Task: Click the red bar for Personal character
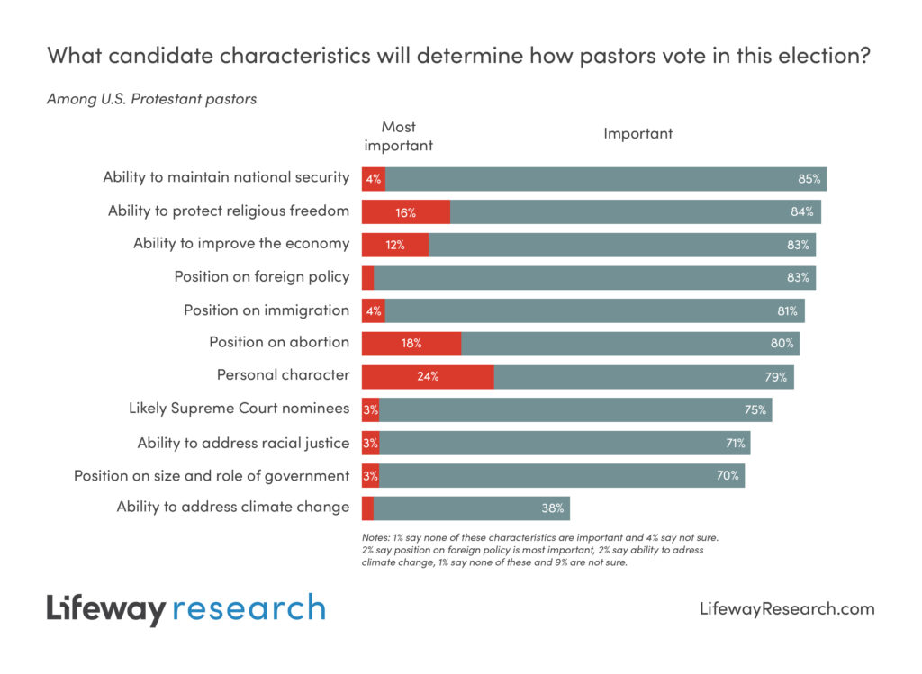428,376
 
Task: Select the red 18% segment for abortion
411,343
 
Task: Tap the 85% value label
809,179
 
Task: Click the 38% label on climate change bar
552,508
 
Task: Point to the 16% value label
405,212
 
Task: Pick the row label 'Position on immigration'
267,310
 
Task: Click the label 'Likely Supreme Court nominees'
239,409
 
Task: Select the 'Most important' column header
398,136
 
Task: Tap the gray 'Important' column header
637,134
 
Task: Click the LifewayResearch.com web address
786,609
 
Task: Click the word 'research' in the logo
248,608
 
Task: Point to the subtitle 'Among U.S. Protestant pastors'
151,99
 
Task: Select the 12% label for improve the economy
394,245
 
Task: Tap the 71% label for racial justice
735,443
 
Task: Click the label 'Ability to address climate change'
232,507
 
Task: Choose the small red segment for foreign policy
367,277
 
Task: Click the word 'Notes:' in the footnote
376,537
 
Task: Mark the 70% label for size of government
728,475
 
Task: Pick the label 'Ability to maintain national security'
226,177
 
